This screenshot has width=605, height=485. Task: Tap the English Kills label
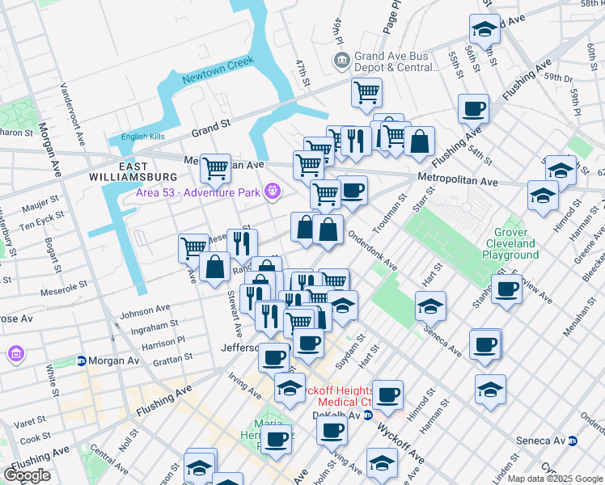(x=145, y=137)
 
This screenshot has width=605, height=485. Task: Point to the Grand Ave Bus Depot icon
(x=341, y=61)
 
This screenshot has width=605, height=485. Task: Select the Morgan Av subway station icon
(x=82, y=361)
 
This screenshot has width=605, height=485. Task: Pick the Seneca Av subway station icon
(x=573, y=441)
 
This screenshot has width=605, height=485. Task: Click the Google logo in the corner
(x=27, y=474)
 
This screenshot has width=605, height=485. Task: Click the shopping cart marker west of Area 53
(x=215, y=168)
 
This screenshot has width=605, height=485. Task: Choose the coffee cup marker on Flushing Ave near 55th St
(x=474, y=108)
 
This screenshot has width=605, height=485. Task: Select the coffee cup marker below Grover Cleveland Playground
(x=507, y=289)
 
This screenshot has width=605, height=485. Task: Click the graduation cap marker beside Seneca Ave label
(x=431, y=306)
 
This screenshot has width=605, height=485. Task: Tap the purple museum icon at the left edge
(x=15, y=354)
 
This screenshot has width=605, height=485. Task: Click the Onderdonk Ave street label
(x=373, y=252)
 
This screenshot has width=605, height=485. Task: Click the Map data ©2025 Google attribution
(x=555, y=479)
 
